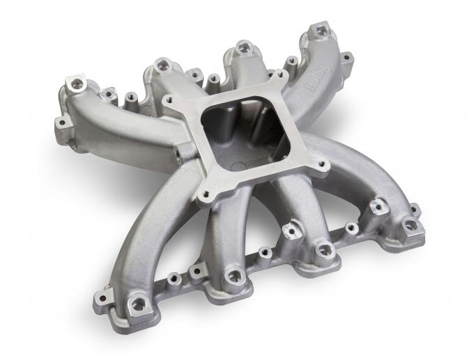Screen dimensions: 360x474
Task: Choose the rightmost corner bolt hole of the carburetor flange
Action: pyautogui.click(x=323, y=166)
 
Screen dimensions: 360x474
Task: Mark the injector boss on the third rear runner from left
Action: pyautogui.click(x=243, y=47)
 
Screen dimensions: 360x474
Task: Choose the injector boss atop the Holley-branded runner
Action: pyautogui.click(x=321, y=31)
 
